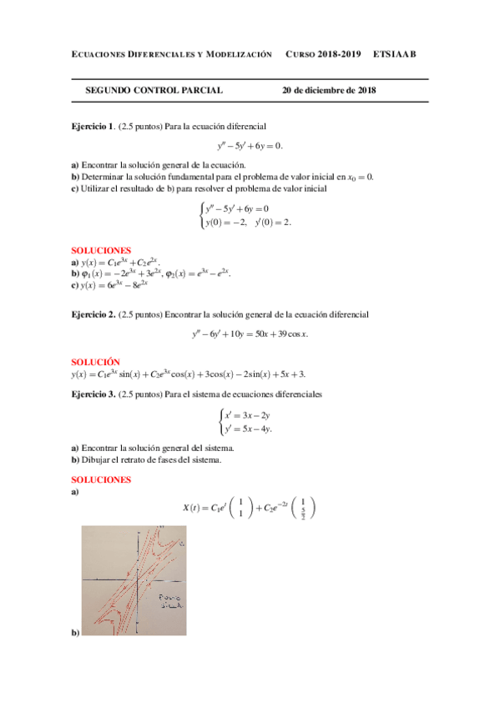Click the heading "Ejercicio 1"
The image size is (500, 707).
(92, 126)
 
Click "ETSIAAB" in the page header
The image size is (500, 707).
(394, 54)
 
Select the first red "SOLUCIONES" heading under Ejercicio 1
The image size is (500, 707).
(101, 250)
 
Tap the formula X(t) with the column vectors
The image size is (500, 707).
(250, 507)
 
